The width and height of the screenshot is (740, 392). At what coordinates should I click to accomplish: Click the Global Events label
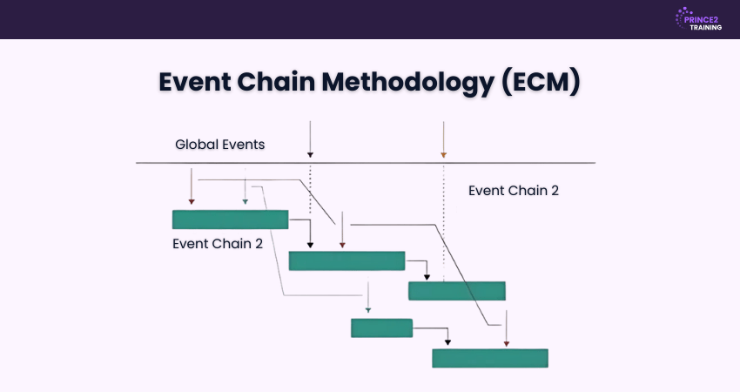point(219,145)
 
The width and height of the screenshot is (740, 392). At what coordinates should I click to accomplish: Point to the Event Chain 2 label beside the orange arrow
point(513,191)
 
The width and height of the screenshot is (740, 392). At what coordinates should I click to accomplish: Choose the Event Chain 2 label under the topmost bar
point(218,243)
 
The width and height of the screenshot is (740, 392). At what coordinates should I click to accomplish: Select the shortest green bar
point(381,328)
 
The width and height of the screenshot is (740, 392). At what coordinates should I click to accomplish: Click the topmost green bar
point(230,219)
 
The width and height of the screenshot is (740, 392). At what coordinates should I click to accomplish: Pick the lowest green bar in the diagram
point(490,358)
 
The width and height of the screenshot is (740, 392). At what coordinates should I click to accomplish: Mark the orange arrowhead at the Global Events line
point(444,155)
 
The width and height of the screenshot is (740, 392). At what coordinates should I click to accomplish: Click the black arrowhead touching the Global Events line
point(310,155)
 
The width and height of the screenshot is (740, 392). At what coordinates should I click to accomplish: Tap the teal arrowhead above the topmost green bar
point(246,201)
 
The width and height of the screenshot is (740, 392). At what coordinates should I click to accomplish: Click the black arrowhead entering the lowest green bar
point(447,343)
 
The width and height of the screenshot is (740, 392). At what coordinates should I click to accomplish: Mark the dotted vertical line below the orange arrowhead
point(444,218)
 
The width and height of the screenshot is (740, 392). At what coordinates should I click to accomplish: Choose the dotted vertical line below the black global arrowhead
point(310,187)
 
